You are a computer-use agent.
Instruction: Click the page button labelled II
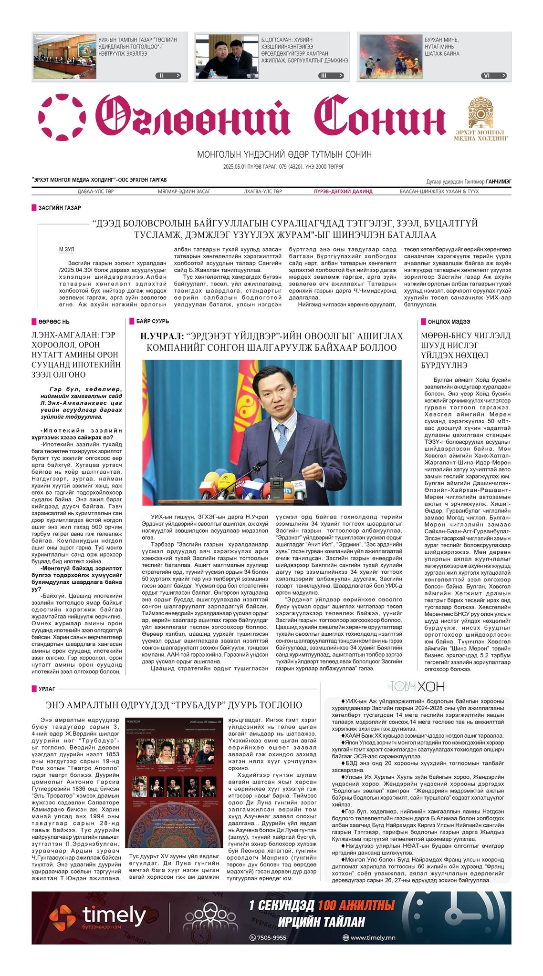[x=168, y=75]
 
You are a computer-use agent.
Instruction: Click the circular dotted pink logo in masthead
[x=62, y=117]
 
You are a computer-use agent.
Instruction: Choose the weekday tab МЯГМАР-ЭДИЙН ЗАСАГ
[x=184, y=192]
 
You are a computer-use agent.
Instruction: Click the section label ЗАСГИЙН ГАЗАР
[x=59, y=208]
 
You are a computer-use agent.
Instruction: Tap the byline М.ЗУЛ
[x=67, y=249]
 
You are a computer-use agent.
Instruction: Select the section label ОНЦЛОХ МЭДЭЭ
[x=449, y=322]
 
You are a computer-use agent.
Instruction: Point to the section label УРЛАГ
[x=47, y=689]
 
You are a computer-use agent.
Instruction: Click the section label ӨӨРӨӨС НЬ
[x=53, y=322]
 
